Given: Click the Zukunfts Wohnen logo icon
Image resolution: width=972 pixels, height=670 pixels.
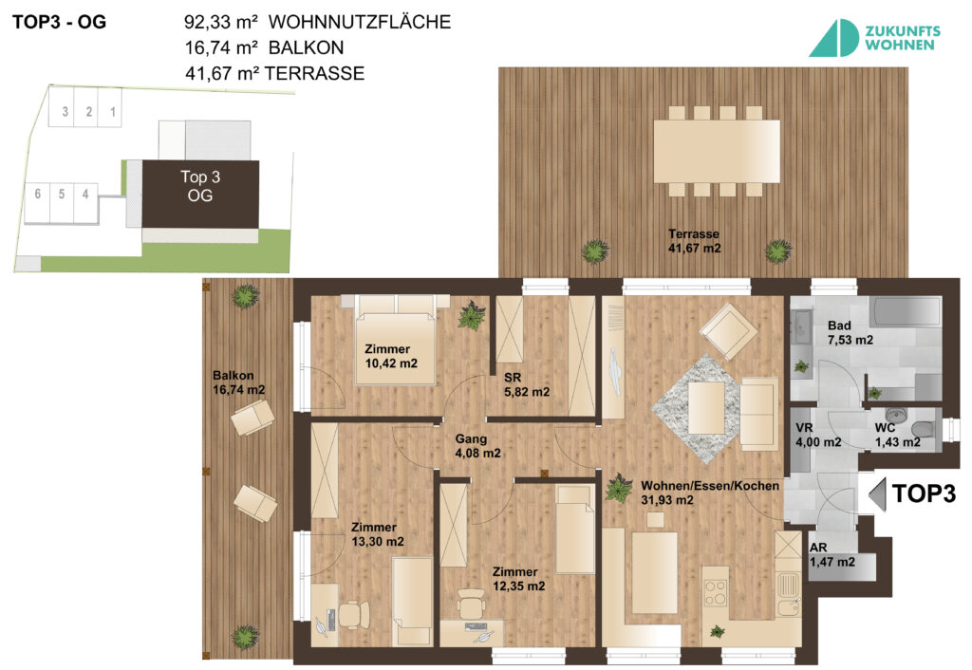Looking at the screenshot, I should pyautogui.click(x=832, y=38).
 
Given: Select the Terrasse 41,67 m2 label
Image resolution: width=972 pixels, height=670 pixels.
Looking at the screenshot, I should pyautogui.click(x=694, y=241).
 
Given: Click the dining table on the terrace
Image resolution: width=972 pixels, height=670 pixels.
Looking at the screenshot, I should pyautogui.click(x=717, y=151).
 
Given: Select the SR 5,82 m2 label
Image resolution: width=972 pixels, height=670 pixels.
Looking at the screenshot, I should pyautogui.click(x=527, y=383).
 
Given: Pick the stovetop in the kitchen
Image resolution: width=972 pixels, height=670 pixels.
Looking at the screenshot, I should pyautogui.click(x=716, y=592).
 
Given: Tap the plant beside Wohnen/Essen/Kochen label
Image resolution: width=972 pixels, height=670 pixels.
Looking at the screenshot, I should pyautogui.click(x=619, y=488).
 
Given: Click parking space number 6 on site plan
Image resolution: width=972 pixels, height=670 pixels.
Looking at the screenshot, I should pyautogui.click(x=37, y=195).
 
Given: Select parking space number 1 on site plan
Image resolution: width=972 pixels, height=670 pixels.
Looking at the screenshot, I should pyautogui.click(x=113, y=113).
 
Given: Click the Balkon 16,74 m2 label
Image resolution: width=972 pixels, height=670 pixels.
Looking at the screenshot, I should pyautogui.click(x=238, y=382).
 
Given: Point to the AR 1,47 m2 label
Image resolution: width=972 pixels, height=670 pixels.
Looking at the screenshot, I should pyautogui.click(x=832, y=555).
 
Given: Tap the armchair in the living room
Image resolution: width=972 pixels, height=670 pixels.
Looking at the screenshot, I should pyautogui.click(x=728, y=329).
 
